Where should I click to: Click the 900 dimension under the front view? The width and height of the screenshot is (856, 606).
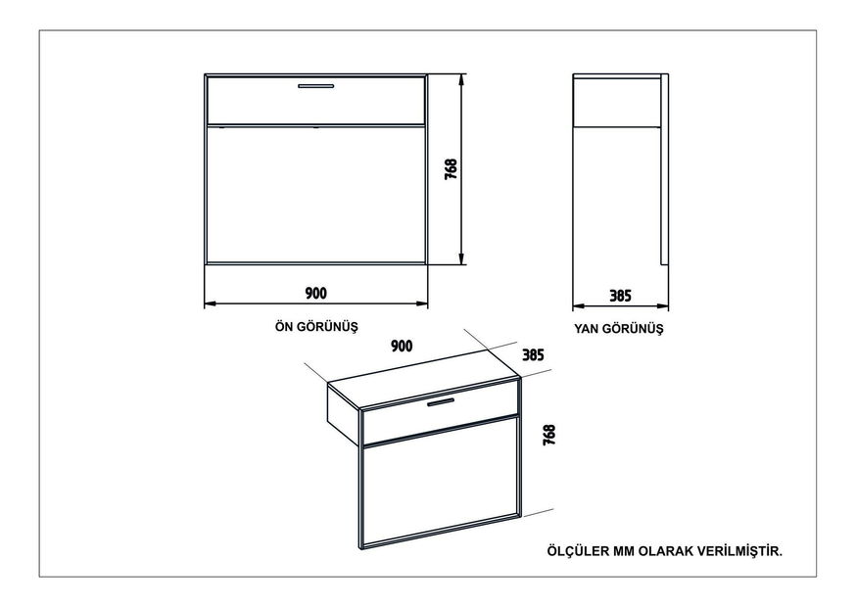coord(315,293)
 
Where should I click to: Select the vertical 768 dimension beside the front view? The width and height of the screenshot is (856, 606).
coord(451,169)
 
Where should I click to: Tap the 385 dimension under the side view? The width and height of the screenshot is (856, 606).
coord(620,296)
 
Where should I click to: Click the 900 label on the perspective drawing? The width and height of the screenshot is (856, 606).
coord(402,346)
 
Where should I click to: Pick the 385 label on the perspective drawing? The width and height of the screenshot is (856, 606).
coord(534,355)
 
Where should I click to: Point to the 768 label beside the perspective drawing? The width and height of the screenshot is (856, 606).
coord(549,435)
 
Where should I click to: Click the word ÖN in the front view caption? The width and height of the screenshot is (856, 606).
coord(283,326)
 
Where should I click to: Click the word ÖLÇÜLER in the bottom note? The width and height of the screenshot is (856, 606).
coord(578,551)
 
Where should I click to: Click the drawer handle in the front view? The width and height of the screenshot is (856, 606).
coord(315,85)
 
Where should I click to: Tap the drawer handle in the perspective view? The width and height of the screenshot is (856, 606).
coord(441,402)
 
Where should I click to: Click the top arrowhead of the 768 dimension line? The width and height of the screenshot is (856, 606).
coord(462,79)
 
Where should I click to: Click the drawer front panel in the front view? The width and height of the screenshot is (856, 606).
coord(316,101)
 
